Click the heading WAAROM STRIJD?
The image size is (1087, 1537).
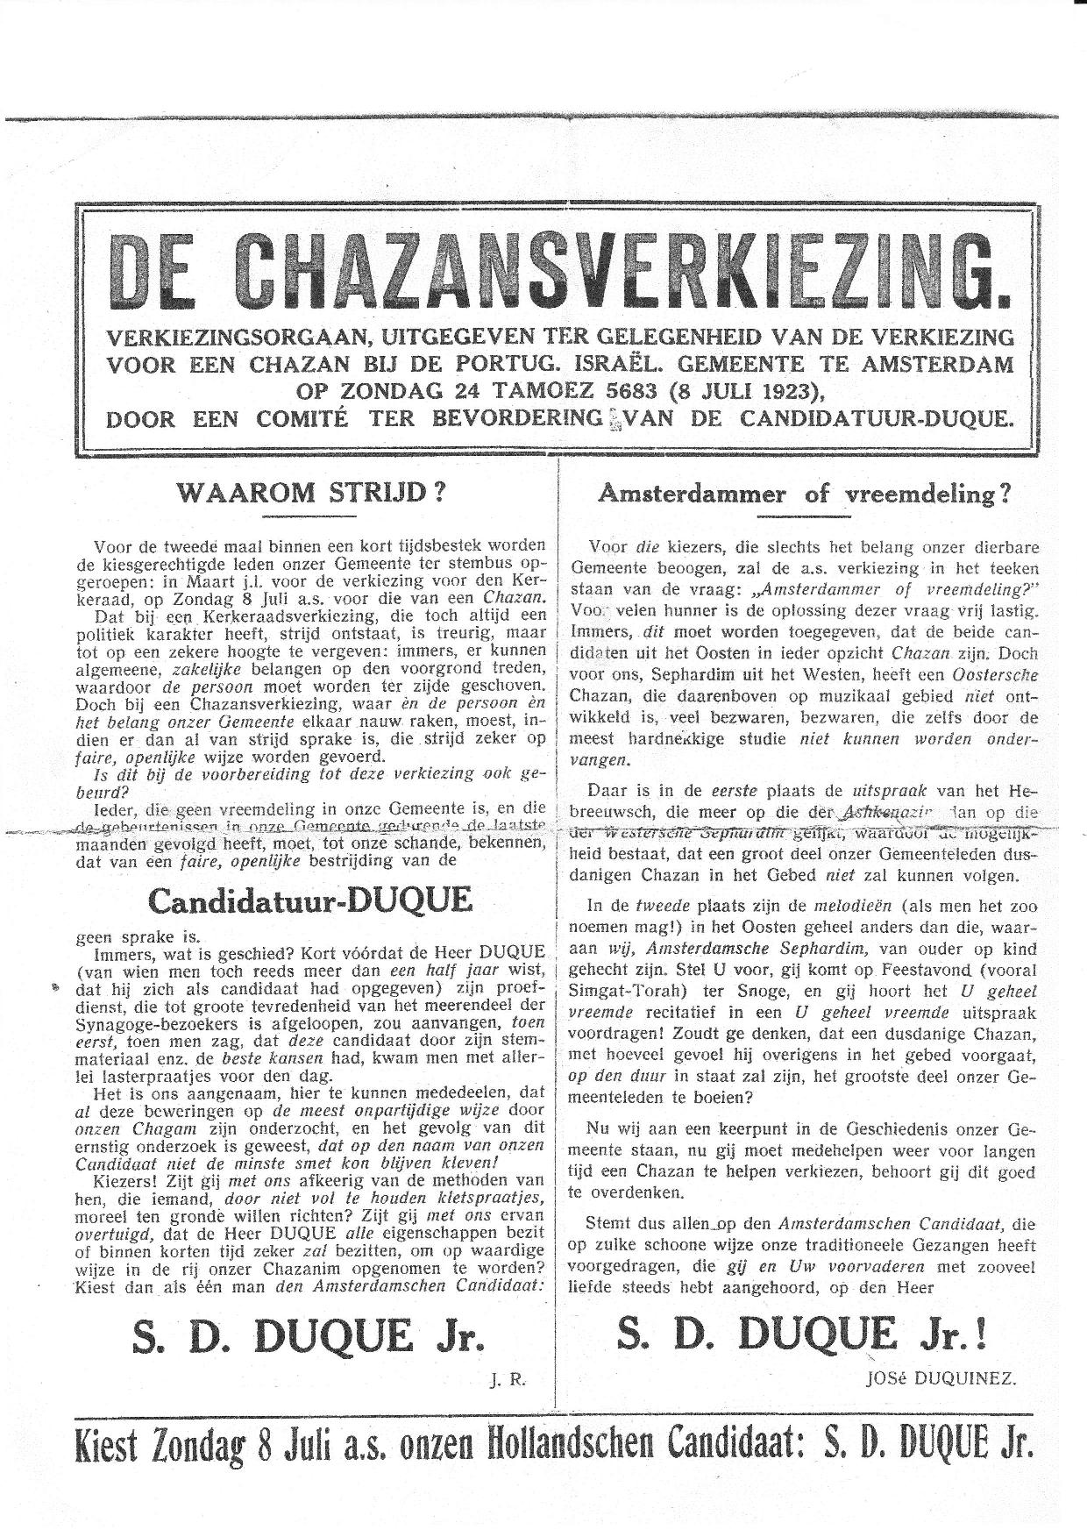(x=311, y=492)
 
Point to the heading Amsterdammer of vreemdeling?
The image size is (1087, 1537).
(x=804, y=494)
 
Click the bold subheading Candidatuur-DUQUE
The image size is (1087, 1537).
(x=311, y=900)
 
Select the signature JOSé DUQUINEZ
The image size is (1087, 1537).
(x=939, y=1378)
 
